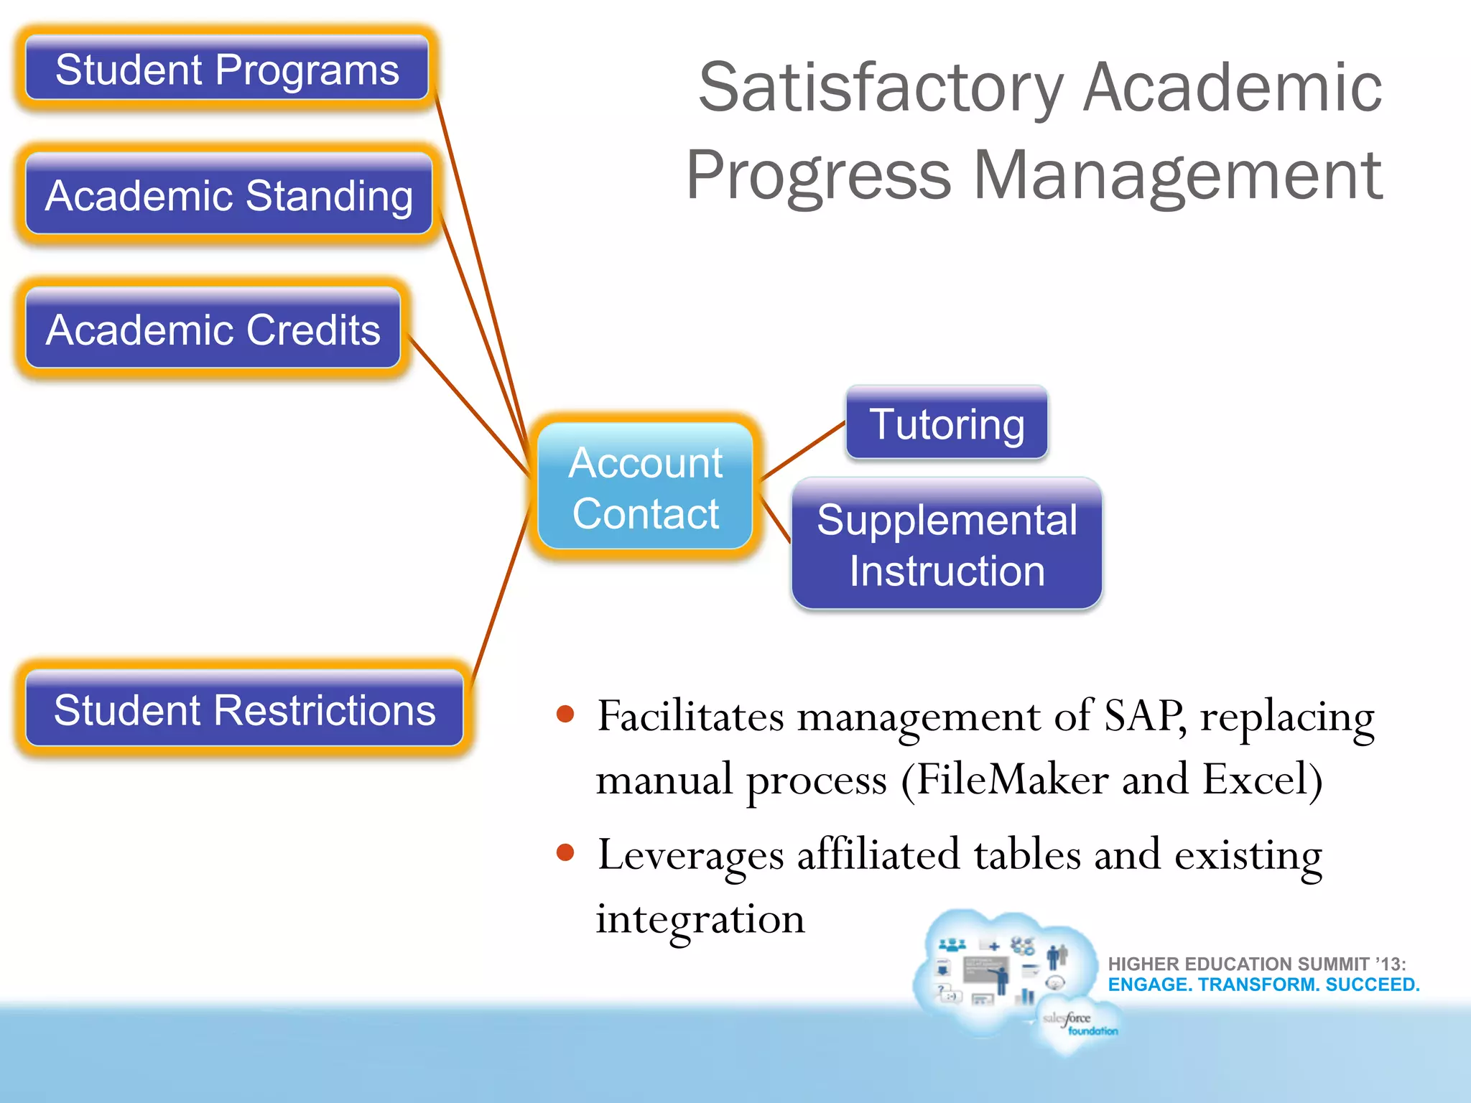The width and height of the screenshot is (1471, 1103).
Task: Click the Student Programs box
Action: click(227, 69)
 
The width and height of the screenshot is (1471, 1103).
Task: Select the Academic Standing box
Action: click(228, 195)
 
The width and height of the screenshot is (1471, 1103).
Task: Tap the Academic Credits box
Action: click(213, 329)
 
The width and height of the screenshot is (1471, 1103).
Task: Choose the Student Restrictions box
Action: click(244, 709)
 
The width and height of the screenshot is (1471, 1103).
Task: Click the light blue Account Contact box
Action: click(645, 487)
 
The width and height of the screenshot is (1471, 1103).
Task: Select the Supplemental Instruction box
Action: click(947, 544)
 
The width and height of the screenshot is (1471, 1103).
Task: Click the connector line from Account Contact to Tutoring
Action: click(803, 450)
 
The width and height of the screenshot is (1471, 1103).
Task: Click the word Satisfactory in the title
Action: click(881, 88)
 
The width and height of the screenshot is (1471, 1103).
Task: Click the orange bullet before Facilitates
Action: click(565, 714)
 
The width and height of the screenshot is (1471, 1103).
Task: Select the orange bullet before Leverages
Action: click(565, 852)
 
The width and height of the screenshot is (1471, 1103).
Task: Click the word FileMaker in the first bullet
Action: click(1011, 779)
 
